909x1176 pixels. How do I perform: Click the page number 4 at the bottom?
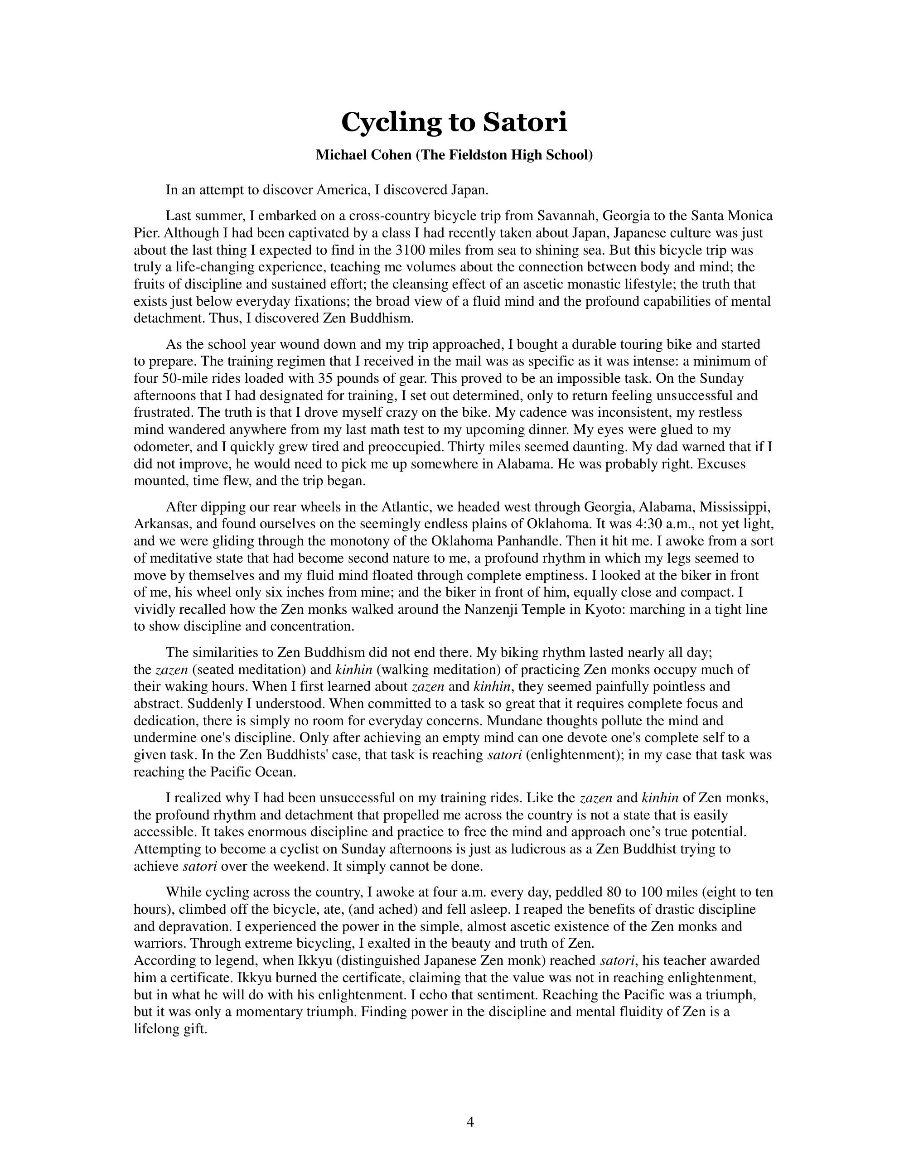coord(470,1122)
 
